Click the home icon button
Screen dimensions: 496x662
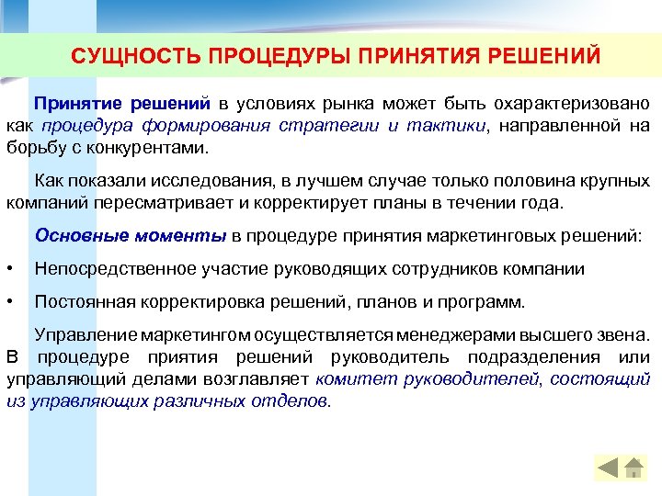point(633,468)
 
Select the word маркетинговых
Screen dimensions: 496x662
point(493,236)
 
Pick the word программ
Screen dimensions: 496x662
point(486,302)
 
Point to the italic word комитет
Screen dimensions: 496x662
point(349,379)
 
